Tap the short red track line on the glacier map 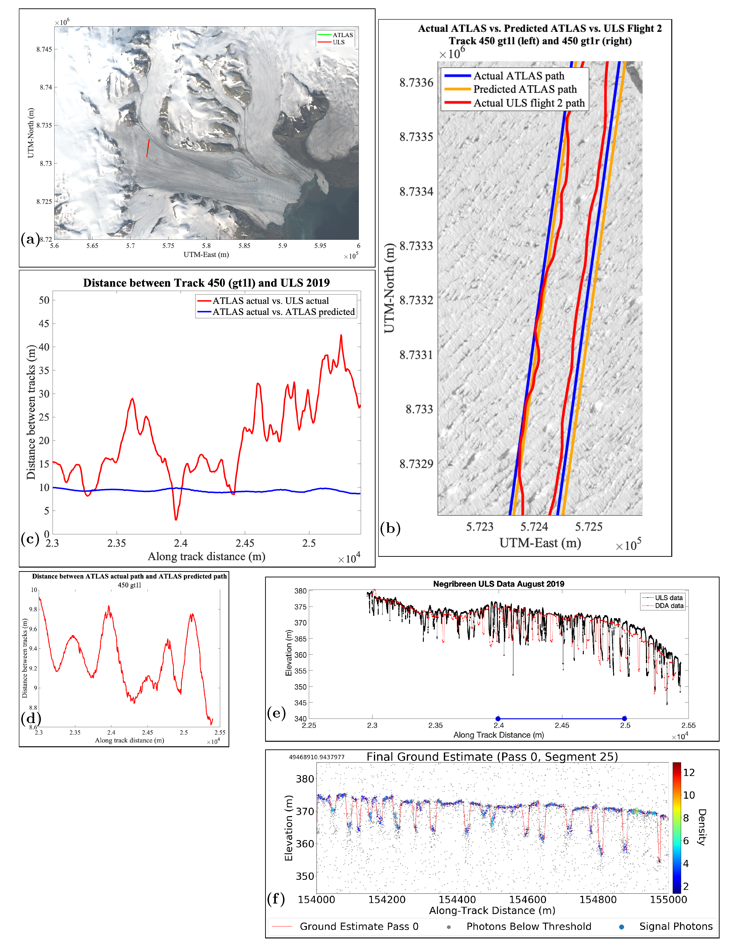pyautogui.click(x=148, y=148)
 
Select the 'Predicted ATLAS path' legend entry pyautogui.click(x=525, y=89)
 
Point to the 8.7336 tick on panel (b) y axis pyautogui.click(x=416, y=83)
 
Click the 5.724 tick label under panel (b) pyautogui.click(x=534, y=527)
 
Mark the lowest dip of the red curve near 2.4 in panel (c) pyautogui.click(x=176, y=519)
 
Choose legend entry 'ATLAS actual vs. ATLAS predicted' pyautogui.click(x=283, y=312)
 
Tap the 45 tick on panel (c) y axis pyautogui.click(x=44, y=323)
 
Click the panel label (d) pyautogui.click(x=30, y=718)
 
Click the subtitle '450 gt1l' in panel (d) pyautogui.click(x=129, y=585)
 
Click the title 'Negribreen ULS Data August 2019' pyautogui.click(x=499, y=584)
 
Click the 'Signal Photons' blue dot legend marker pyautogui.click(x=621, y=927)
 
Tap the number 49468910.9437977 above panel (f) pyautogui.click(x=317, y=757)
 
